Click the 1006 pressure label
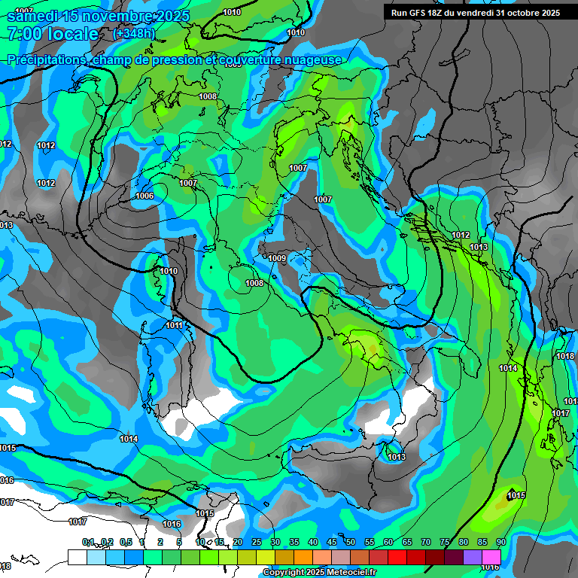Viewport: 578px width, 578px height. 145,196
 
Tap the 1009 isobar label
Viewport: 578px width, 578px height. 277,258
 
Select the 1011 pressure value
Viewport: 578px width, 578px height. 175,325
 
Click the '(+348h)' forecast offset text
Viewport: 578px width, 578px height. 134,34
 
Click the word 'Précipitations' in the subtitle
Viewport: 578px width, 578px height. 47,59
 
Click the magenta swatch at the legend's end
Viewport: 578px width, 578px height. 491,557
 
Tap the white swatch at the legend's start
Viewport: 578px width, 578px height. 77,557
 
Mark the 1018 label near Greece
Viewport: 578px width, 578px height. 565,356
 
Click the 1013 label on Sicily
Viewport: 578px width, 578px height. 397,457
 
